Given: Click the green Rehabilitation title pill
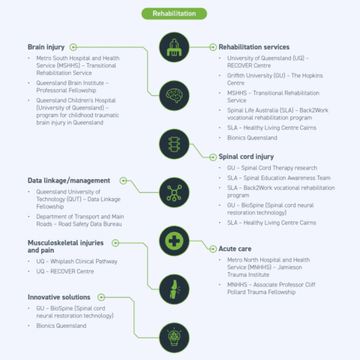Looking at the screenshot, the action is click(174, 13).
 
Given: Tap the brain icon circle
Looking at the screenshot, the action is click(174, 95).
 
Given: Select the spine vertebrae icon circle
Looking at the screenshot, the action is click(174, 144).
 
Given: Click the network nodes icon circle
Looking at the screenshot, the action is click(174, 193).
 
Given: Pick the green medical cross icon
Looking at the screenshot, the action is click(174, 241).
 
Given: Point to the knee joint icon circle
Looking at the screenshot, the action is click(174, 289).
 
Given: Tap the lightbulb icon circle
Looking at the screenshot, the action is click(174, 337).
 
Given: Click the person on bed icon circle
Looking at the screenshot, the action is click(174, 47).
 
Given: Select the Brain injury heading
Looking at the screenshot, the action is click(46, 47).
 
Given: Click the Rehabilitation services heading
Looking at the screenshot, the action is click(254, 47).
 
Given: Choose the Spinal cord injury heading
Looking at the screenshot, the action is click(246, 157).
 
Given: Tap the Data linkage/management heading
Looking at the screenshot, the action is click(69, 181).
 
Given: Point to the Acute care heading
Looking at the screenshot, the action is click(235, 249).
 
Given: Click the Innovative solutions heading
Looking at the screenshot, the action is click(59, 297).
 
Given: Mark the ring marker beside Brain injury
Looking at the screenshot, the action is click(73, 47).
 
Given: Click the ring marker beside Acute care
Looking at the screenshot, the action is click(213, 249).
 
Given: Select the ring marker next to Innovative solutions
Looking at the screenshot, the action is click(101, 297).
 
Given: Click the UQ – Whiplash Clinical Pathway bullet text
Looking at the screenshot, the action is click(76, 262).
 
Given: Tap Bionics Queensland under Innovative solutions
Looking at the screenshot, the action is click(61, 325).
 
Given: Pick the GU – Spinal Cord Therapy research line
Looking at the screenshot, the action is click(272, 168).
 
